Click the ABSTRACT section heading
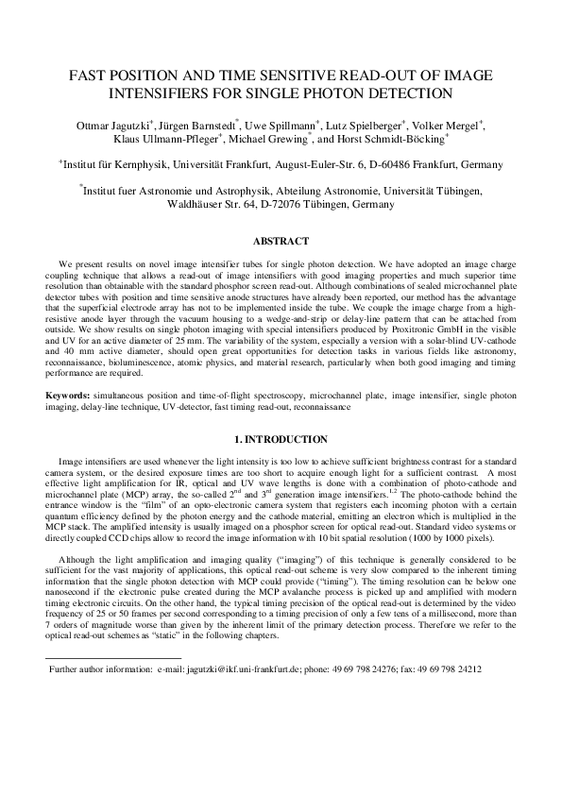pos(281,242)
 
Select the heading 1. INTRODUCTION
pos(281,439)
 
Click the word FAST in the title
pos(91,76)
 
